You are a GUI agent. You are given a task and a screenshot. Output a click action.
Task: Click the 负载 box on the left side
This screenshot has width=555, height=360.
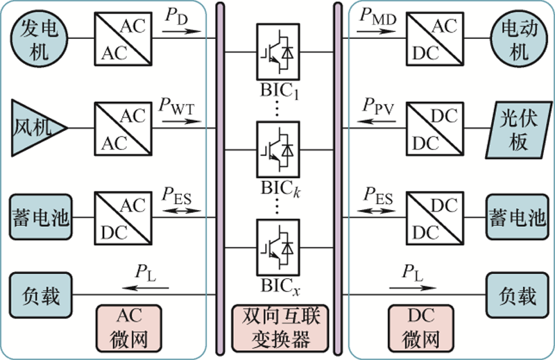(40, 296)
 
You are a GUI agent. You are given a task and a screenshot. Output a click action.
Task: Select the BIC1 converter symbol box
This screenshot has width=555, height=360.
(277, 51)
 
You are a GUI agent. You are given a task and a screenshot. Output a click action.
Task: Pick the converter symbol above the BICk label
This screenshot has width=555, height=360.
(277, 148)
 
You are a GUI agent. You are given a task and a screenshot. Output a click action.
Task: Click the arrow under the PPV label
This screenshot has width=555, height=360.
(378, 120)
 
